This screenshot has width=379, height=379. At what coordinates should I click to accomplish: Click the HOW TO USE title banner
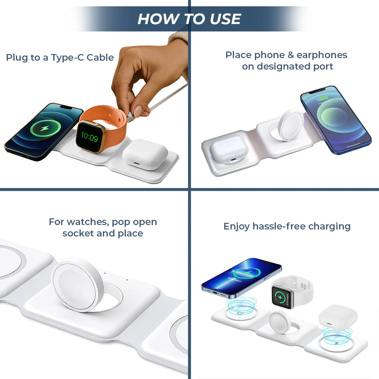(x=189, y=19)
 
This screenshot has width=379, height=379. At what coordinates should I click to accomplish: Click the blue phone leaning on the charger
(x=335, y=119)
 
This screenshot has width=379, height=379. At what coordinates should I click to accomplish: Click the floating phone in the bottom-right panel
(x=241, y=276)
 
